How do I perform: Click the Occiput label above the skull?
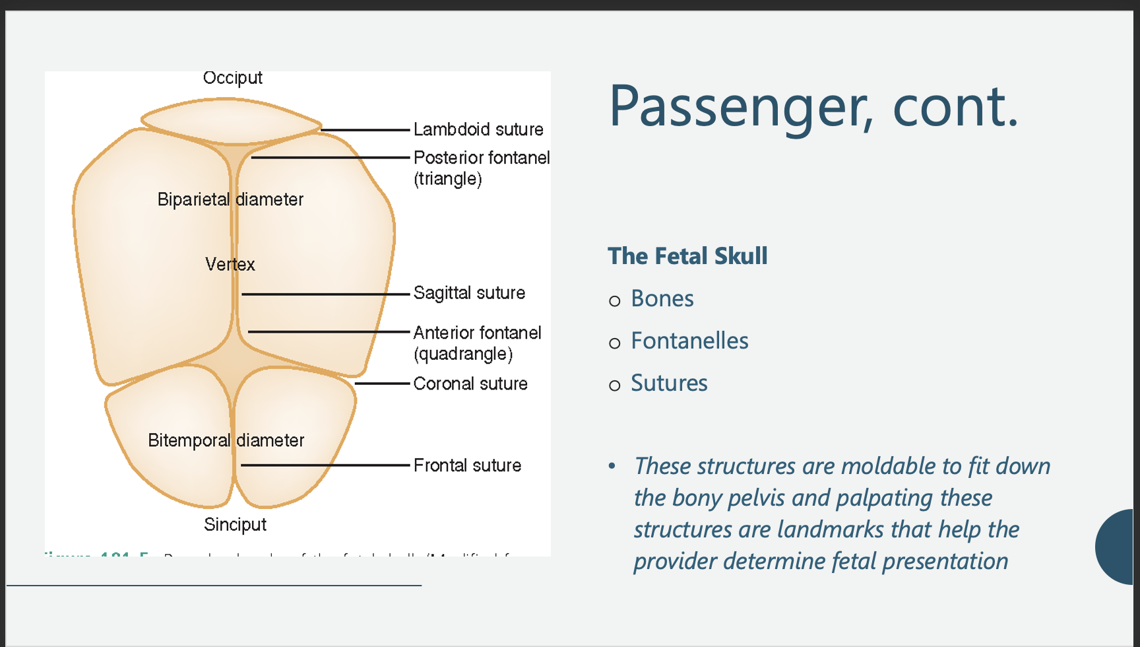(232, 78)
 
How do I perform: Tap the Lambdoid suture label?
(478, 129)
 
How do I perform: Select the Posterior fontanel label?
(481, 158)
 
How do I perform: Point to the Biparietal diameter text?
(230, 199)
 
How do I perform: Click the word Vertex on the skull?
(230, 265)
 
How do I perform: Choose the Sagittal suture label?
(469, 293)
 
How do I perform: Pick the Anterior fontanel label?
(477, 333)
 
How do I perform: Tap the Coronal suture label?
(470, 384)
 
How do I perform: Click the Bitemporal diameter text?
(226, 440)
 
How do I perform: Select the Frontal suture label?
(467, 465)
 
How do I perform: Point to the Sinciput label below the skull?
(235, 525)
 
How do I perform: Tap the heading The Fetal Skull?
(687, 256)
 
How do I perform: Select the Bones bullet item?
(662, 299)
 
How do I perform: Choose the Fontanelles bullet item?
(689, 341)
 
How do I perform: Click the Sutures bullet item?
(669, 384)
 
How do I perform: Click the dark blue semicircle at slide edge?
(1117, 547)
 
